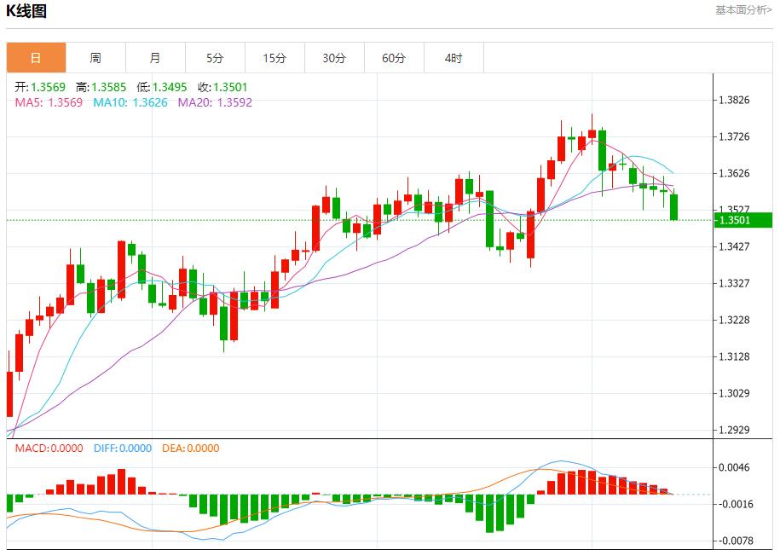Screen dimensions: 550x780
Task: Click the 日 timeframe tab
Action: pos(36,58)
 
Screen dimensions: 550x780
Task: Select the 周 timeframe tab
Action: pos(95,58)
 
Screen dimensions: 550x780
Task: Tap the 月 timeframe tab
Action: pos(155,58)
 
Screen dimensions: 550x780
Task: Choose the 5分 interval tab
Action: pos(215,58)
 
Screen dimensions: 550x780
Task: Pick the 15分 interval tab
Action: pos(274,58)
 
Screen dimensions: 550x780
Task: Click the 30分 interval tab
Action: pos(334,58)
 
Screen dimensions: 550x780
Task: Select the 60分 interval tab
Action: pos(394,58)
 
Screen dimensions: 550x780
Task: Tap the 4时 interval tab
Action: pos(454,58)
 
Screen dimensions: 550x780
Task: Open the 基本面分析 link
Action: pos(743,10)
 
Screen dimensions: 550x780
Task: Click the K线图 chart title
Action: pos(27,11)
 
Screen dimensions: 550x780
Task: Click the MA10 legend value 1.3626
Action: pos(131,102)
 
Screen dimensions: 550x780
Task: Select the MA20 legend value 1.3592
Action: pos(215,102)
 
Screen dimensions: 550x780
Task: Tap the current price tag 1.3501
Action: pos(734,220)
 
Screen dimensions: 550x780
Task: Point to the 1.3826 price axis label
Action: pos(734,100)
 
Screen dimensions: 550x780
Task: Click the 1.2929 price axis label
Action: pos(734,430)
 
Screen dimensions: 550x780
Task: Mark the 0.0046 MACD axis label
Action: pos(734,467)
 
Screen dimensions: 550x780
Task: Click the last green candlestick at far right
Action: pos(674,207)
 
